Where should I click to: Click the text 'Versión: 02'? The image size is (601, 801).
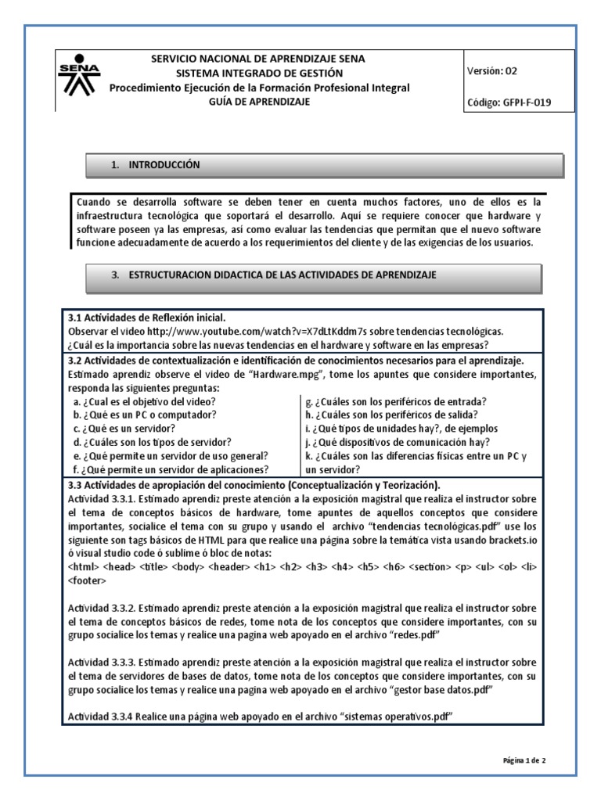coord(492,70)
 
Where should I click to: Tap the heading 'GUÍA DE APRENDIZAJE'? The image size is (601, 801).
coord(259,102)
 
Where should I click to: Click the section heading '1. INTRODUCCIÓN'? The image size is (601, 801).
coord(156,165)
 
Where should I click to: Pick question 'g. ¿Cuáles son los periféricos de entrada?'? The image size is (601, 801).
coord(396,401)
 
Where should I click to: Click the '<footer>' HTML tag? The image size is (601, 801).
coord(88,580)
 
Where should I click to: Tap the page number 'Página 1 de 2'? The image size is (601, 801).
coord(529,759)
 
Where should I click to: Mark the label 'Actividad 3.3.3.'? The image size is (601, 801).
coord(103,666)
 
